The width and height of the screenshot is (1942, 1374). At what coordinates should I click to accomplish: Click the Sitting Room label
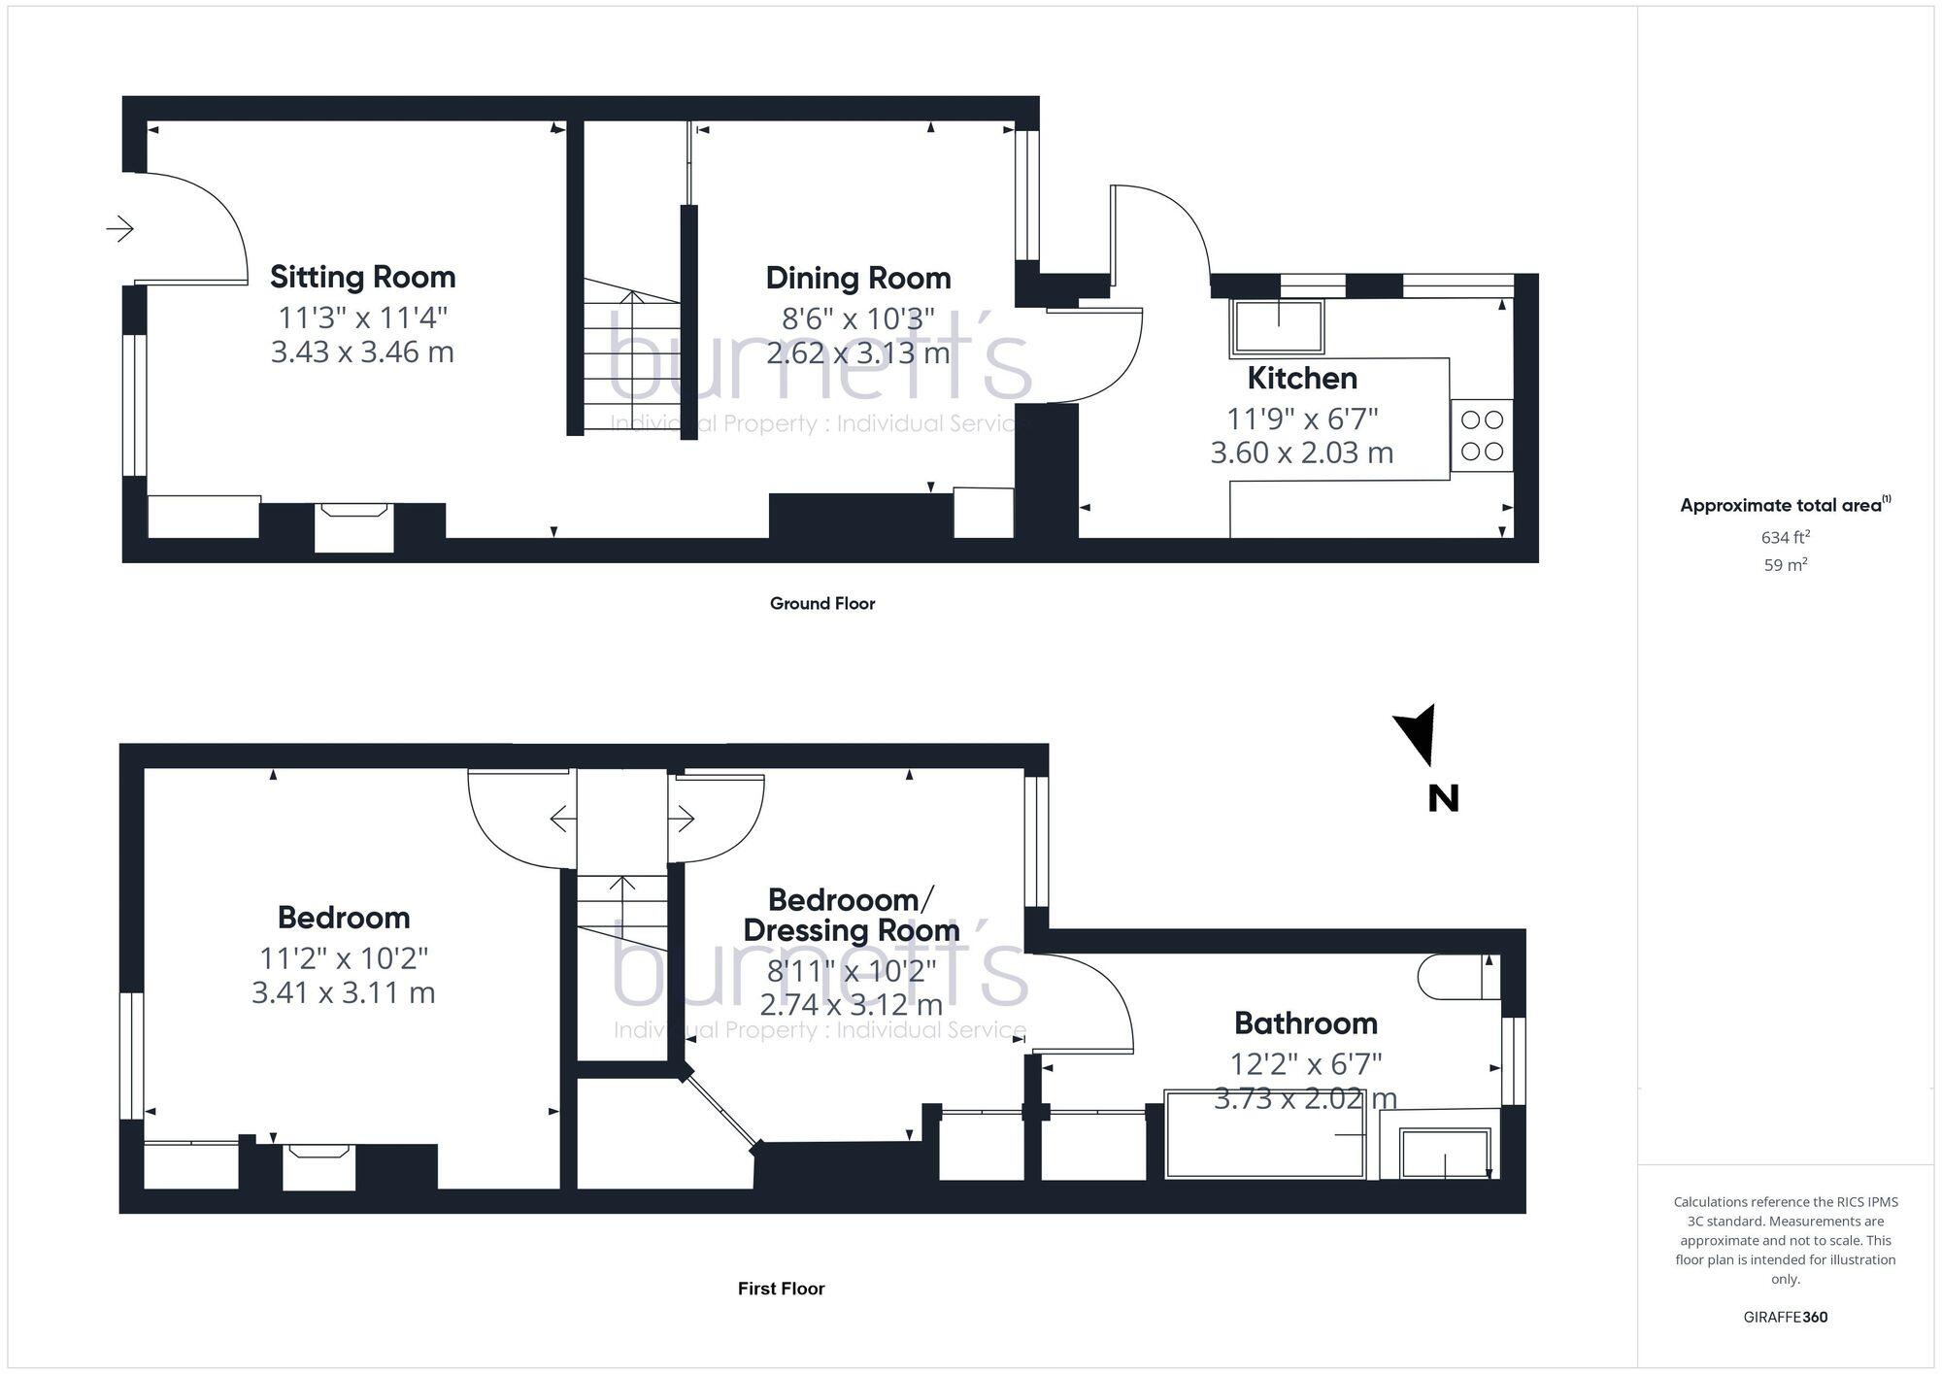point(362,277)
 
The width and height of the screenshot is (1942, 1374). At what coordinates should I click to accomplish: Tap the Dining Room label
point(857,278)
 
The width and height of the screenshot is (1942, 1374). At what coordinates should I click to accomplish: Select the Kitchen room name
point(1301,378)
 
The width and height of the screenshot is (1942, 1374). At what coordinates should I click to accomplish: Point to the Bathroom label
point(1305,1022)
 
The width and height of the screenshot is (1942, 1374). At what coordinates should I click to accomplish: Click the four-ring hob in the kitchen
point(1482,435)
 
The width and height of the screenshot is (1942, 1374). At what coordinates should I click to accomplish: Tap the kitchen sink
point(1278,327)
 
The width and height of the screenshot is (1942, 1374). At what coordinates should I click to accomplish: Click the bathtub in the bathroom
point(1265,1134)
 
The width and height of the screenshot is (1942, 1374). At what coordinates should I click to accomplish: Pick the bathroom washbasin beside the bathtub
point(1444,1153)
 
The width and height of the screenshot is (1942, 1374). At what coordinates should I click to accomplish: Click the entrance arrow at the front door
point(120,228)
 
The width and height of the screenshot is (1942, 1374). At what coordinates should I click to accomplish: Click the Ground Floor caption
point(822,603)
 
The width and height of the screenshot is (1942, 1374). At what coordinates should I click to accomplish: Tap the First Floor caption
point(781,1289)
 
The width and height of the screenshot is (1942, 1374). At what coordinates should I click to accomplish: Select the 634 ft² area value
point(1785,537)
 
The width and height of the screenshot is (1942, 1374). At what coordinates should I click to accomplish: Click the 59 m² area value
point(1785,564)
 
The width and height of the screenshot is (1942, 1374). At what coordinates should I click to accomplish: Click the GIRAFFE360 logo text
point(1785,1317)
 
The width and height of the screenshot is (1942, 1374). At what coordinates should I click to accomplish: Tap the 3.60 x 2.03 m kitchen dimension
point(1301,452)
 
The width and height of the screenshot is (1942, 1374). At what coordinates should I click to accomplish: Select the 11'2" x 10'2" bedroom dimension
point(343,958)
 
